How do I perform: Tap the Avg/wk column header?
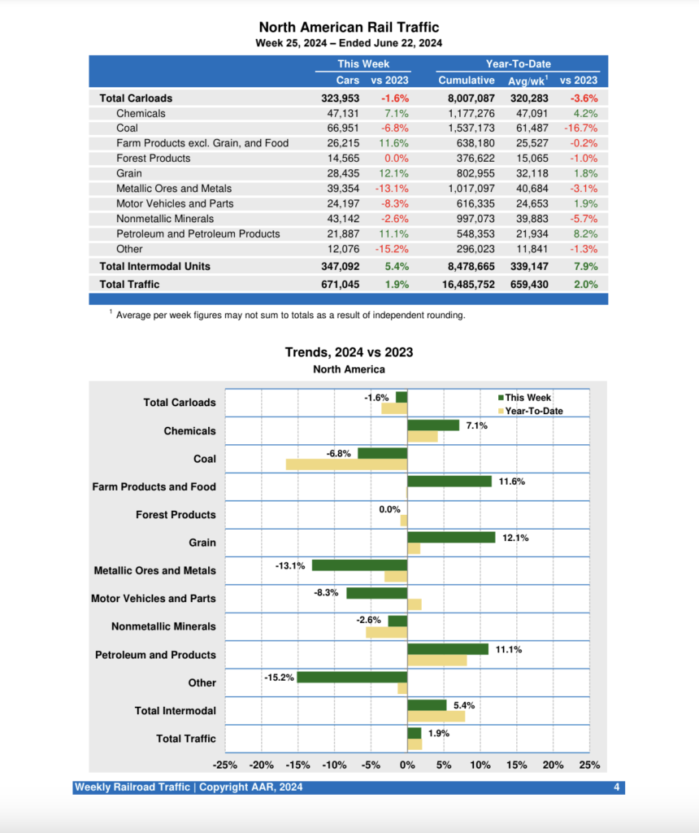tap(528, 80)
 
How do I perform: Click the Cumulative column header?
tap(466, 80)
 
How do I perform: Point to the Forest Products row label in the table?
tap(153, 158)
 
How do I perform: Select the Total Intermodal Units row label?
tap(154, 266)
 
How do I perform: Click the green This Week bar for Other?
tap(352, 677)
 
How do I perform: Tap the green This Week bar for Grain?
tap(451, 537)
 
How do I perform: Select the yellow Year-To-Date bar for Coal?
tap(346, 464)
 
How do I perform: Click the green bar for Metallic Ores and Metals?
tap(359, 565)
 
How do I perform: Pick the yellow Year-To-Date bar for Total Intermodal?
tap(436, 716)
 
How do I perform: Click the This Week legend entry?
tap(528, 398)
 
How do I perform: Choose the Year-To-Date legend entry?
tap(533, 411)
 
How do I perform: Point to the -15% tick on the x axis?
tap(297, 765)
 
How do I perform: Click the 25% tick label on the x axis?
tap(589, 765)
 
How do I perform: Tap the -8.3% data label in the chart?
tap(326, 592)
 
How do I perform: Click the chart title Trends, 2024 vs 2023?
tap(349, 352)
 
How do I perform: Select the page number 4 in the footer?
tap(617, 787)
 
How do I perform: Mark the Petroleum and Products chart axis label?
tap(155, 655)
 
